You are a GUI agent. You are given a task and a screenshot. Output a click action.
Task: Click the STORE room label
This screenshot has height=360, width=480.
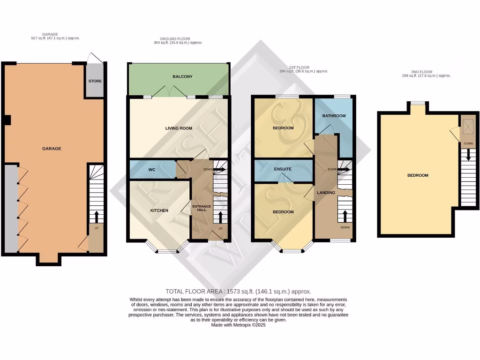coord(95,81)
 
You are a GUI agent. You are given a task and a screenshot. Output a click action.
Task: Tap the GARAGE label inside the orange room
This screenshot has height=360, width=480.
coord(52,149)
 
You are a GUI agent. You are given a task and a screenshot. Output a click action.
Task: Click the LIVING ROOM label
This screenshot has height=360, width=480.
coord(179,128)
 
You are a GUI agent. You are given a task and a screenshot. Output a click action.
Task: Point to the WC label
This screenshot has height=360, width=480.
coord(152,169)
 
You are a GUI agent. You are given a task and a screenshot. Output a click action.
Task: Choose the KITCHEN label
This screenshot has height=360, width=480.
coord(159,210)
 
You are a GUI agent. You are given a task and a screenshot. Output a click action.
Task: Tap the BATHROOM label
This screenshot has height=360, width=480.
coord(334,116)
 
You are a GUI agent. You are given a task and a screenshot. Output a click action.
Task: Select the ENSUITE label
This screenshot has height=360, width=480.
coord(283,169)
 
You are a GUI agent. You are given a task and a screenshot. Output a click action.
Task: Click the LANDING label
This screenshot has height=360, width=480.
coord(326,193)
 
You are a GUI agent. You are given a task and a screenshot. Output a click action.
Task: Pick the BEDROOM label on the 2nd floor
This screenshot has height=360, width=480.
coord(417,175)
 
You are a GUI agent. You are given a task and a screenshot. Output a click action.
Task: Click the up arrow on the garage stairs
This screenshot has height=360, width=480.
coord(96,217)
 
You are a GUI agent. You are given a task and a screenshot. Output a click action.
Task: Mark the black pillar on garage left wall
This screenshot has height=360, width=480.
coord(7,120)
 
